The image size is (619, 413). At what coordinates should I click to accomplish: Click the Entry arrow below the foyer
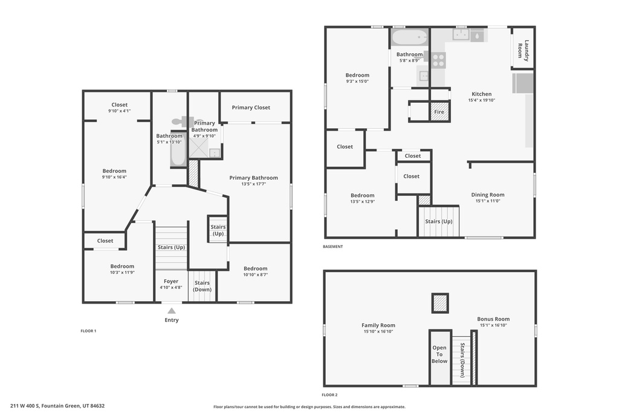click(x=172, y=311)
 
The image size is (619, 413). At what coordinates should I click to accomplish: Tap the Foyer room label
click(x=171, y=281)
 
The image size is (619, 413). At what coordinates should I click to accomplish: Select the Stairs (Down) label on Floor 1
click(x=202, y=286)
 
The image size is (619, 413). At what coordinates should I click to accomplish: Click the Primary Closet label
click(x=251, y=108)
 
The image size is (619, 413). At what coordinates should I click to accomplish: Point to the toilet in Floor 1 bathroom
click(x=184, y=122)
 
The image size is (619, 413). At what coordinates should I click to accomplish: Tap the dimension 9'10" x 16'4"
click(x=114, y=178)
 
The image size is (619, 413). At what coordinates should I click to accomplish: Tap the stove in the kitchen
click(x=439, y=59)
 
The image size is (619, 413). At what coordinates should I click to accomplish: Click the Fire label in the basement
click(x=439, y=112)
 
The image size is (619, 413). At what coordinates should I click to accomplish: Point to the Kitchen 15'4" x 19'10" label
click(x=481, y=97)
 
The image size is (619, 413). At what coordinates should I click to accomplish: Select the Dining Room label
click(x=487, y=195)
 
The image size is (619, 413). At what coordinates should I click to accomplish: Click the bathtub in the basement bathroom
click(x=409, y=38)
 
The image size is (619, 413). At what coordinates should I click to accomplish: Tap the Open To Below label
click(x=439, y=354)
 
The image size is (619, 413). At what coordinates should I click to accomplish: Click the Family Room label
click(x=378, y=325)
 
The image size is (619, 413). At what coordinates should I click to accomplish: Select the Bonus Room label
click(x=493, y=319)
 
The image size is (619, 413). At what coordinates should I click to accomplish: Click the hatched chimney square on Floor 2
click(x=440, y=303)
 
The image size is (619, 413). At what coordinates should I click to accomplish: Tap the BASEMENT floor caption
click(x=333, y=247)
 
